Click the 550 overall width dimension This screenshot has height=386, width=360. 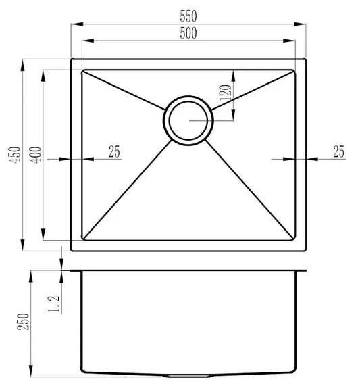click(188, 14)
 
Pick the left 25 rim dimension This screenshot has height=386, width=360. click(114, 152)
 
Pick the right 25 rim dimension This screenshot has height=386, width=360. click(338, 152)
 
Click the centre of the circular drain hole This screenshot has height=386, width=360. click(188, 120)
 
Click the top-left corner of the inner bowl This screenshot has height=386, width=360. click(82, 69)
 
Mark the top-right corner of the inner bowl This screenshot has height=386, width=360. click(295, 69)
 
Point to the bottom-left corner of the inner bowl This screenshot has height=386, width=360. click(82, 240)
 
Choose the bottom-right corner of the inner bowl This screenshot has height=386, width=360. click(295, 240)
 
